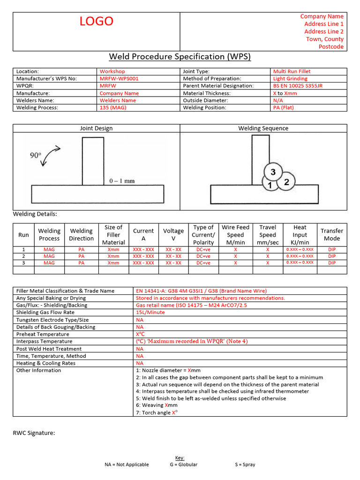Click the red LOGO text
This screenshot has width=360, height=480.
[x=96, y=22]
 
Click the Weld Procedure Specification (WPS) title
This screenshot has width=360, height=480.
[x=180, y=57]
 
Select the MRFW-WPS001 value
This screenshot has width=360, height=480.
[x=119, y=79]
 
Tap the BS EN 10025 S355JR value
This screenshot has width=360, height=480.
[x=298, y=86]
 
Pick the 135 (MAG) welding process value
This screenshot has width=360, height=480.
[x=113, y=107]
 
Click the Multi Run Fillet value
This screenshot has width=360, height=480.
[x=292, y=71]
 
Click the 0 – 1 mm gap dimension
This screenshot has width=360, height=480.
[x=122, y=180]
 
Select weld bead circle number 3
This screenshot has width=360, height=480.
[x=273, y=172]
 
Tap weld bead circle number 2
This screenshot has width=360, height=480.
[x=286, y=182]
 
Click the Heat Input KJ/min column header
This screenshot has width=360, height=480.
[x=300, y=235]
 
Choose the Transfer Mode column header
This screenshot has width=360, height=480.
[x=332, y=235]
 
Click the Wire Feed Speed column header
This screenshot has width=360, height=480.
[x=235, y=235]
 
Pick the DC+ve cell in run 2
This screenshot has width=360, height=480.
[x=203, y=256]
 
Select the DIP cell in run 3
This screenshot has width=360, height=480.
[x=332, y=263]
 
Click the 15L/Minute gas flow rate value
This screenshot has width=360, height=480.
[x=150, y=312]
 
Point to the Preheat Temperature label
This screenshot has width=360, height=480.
[x=43, y=334]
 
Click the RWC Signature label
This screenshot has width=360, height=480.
[x=34, y=433]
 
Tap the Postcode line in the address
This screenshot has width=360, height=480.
[x=331, y=47]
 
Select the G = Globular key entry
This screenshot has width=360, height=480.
[x=184, y=465]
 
